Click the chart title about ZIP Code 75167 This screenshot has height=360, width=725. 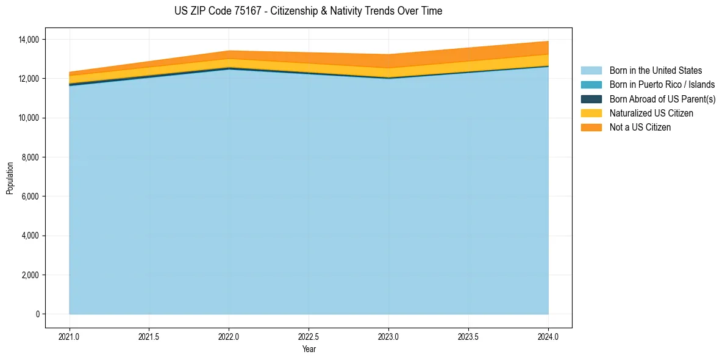point(308,11)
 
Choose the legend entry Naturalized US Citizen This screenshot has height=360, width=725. point(651,113)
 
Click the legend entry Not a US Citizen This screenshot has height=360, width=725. point(640,128)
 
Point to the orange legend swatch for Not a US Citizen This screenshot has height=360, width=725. point(591,128)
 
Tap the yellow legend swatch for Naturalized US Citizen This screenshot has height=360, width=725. point(591,113)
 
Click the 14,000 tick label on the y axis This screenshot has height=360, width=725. point(29,40)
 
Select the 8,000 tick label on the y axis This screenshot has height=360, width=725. point(31,157)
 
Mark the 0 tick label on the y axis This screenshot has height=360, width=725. point(38,314)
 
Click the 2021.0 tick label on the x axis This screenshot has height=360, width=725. point(70,336)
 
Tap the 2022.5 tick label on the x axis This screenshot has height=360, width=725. point(309,336)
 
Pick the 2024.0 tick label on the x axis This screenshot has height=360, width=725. point(548,336)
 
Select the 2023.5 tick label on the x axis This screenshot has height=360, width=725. point(468,336)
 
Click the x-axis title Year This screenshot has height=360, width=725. point(309,349)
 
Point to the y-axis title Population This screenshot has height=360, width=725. point(10,178)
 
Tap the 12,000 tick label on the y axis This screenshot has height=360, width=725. point(29,79)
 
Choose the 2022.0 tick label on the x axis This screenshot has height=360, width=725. point(229,336)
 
